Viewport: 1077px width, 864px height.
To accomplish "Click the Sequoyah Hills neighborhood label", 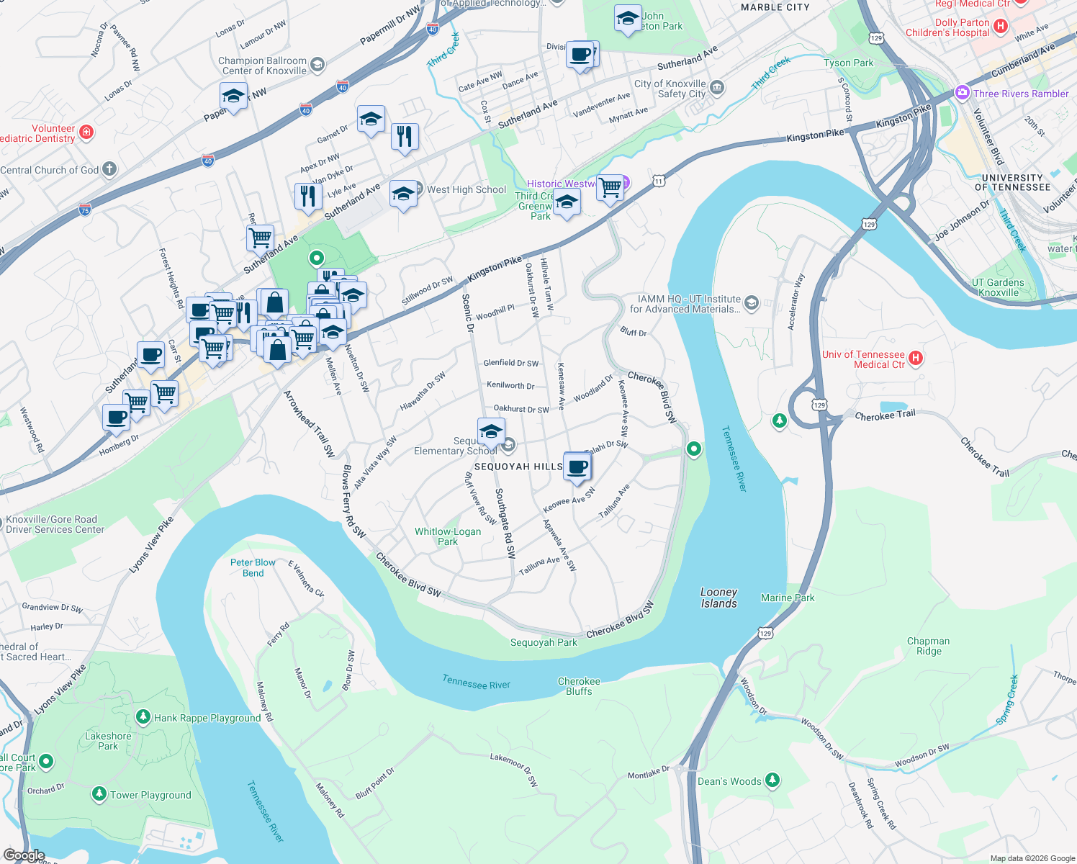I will click(518, 467).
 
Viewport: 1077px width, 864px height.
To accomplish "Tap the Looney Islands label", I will click(718, 598).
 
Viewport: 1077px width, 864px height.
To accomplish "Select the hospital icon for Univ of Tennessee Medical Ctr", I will click(915, 359).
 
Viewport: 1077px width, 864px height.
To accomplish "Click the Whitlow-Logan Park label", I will click(448, 536).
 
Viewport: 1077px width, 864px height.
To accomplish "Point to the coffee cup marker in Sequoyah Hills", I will click(577, 467).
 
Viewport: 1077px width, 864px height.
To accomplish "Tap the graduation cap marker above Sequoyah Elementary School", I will click(491, 432).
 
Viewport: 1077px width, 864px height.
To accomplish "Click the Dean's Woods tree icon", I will click(772, 780).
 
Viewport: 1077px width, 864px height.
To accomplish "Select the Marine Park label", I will click(788, 598).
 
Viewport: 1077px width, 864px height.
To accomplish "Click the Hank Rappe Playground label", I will click(207, 718).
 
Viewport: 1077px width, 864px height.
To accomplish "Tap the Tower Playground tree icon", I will click(99, 794).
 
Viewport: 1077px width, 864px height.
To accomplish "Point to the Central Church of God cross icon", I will click(109, 169).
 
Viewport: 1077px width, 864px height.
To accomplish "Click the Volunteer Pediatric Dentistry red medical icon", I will click(86, 132).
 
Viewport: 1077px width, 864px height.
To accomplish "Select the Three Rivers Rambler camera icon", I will click(962, 93).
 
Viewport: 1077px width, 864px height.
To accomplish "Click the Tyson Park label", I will click(848, 63).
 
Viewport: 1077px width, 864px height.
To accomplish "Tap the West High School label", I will click(467, 189).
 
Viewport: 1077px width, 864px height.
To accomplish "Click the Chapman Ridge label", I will click(928, 646).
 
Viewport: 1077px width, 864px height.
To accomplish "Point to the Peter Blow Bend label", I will click(253, 567).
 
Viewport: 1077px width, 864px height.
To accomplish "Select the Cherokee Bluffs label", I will click(579, 686).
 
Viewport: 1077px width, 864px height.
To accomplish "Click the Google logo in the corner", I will click(24, 855).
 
